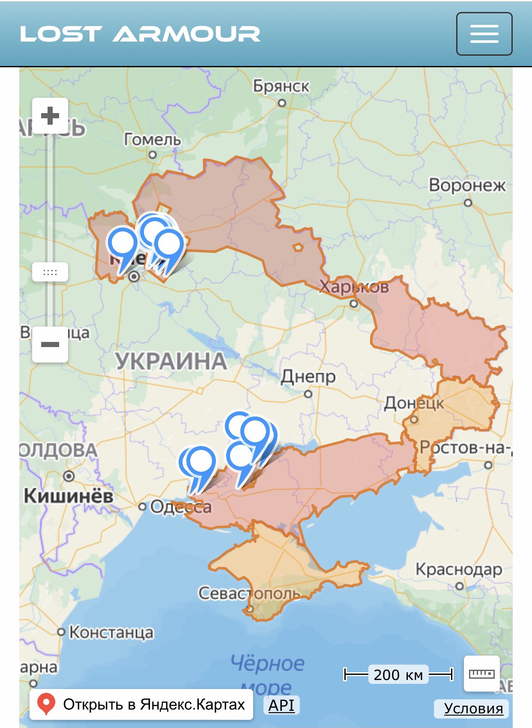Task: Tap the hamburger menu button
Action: (484, 34)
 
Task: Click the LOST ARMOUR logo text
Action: (140, 34)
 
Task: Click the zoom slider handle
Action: (50, 272)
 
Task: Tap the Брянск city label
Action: (281, 86)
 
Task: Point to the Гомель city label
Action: (152, 140)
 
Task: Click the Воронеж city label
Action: (467, 186)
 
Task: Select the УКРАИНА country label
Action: (171, 361)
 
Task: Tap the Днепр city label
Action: (308, 377)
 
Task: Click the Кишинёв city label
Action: (69, 496)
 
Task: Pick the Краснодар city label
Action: (459, 569)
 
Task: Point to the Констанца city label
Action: (111, 632)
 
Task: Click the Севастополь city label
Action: (249, 593)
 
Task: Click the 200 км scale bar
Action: (398, 674)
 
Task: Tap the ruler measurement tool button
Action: (482, 674)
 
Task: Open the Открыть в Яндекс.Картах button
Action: (141, 704)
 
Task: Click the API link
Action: (281, 705)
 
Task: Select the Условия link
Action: (473, 708)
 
